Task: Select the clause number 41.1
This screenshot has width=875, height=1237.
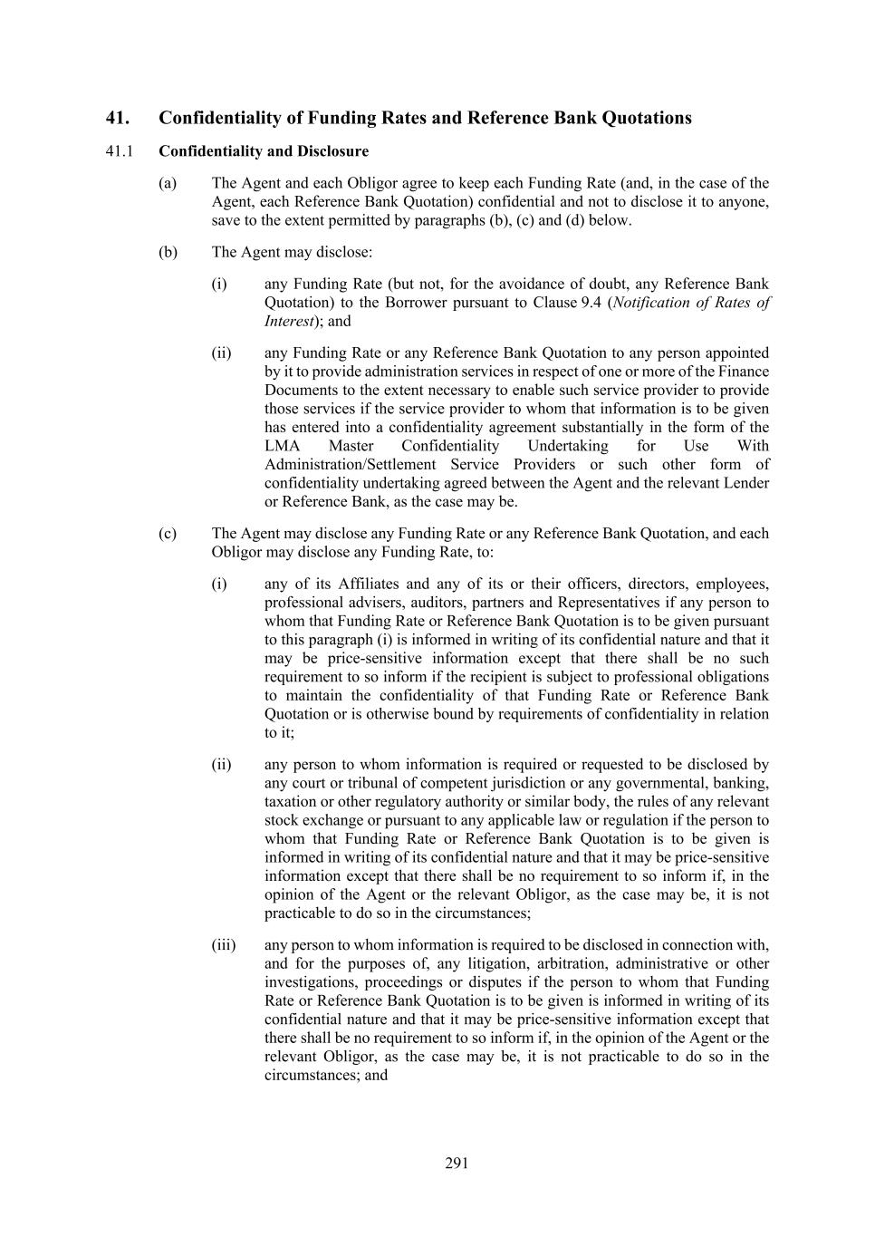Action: point(119,151)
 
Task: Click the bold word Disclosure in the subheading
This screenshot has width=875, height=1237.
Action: point(332,151)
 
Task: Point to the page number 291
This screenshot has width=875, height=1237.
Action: point(457,1164)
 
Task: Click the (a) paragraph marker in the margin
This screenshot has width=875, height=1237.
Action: point(168,183)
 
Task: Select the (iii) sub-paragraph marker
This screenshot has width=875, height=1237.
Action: point(224,945)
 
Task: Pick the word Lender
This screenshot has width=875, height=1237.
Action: point(745,483)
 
